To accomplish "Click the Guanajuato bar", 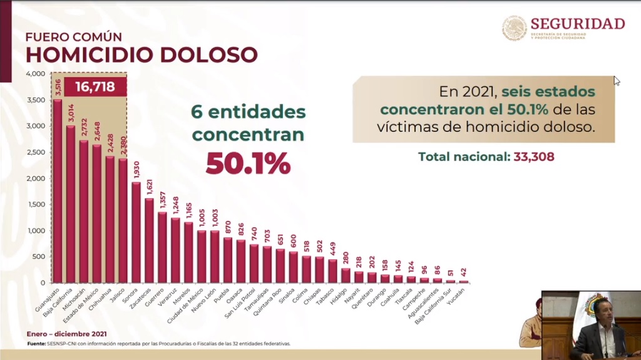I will (57, 191).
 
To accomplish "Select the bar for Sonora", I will (136, 232).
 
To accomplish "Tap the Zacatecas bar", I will (149, 240).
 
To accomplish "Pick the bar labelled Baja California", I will (71, 204).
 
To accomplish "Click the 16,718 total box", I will (95, 86).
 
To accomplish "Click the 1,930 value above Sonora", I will (136, 170).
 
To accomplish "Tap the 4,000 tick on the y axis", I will (35, 74).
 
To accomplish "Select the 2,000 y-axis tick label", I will (35, 178).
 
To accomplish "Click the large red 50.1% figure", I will (248, 163).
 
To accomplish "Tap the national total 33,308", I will (534, 157).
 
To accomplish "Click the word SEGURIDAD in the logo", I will (577, 24).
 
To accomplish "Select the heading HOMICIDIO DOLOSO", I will (141, 55).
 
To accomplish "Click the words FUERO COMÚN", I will (74, 37).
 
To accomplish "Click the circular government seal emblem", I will (514, 28).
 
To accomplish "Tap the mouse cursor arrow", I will (617, 81).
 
